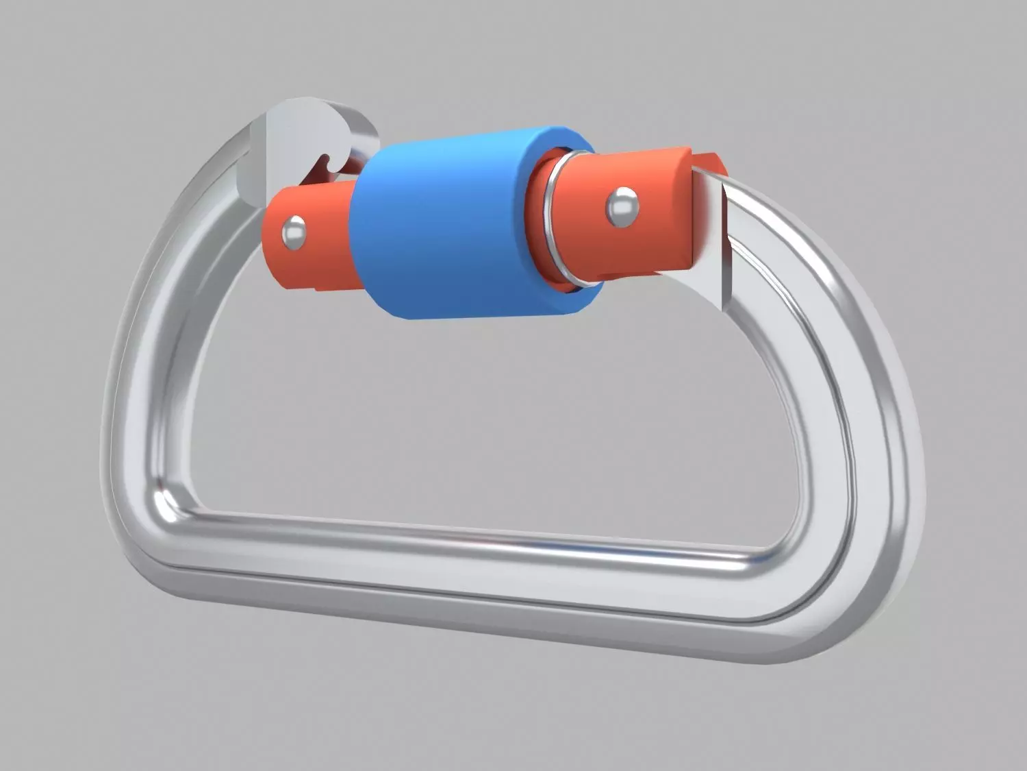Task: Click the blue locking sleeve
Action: click(438, 226)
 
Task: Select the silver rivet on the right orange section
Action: click(622, 206)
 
